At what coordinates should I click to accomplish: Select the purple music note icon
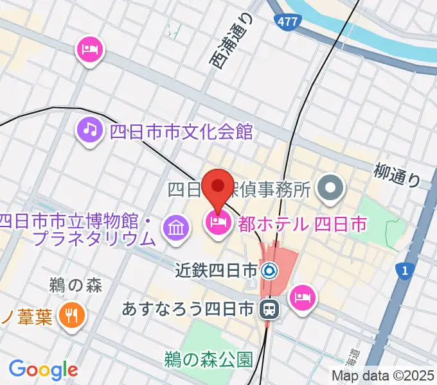point(91,130)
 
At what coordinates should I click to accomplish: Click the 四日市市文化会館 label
point(182,132)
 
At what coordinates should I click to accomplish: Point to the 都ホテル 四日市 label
point(302,224)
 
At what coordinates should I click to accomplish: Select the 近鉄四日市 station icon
point(269,270)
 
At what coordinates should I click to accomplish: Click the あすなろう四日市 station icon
point(267,311)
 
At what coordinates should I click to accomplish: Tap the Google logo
point(43,369)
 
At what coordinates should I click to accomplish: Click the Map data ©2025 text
point(382,375)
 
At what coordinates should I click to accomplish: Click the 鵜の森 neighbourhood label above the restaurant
point(75,286)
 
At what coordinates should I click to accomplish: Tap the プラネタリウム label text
point(94,239)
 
